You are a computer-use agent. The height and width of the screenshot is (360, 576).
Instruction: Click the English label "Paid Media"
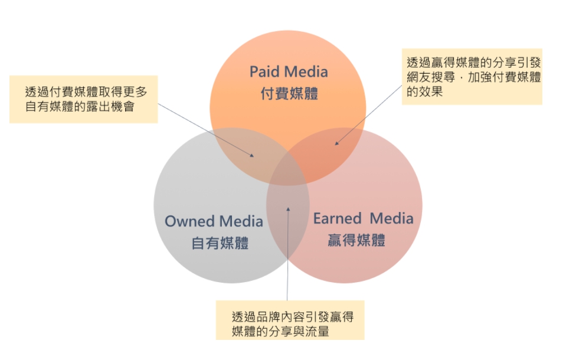[289, 71]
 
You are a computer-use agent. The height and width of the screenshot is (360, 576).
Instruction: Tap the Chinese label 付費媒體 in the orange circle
[289, 93]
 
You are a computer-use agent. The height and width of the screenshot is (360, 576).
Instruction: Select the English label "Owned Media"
[214, 221]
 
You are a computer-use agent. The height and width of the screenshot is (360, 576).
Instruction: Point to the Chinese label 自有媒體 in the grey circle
[220, 243]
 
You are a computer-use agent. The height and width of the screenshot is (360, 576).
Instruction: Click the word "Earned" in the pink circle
[337, 218]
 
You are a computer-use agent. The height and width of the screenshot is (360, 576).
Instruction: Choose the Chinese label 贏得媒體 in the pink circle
[356, 240]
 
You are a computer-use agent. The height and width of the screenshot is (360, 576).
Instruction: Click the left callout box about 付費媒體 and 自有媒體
[83, 99]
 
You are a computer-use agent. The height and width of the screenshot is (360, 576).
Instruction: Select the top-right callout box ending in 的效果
[472, 77]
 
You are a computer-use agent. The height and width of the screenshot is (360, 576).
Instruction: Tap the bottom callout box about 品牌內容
[290, 320]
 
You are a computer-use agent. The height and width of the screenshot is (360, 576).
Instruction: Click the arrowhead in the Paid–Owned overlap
[252, 155]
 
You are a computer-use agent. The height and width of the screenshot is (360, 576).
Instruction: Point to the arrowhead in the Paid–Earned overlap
[336, 143]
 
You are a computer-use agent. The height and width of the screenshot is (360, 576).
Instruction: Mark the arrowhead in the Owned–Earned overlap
[288, 209]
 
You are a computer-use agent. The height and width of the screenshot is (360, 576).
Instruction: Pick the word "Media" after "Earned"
[392, 218]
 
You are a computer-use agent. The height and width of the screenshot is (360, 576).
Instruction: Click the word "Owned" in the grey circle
[189, 221]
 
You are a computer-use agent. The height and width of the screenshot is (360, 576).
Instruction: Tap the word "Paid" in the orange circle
[264, 71]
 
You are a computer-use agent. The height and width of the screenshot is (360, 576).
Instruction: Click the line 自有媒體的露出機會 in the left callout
[80, 107]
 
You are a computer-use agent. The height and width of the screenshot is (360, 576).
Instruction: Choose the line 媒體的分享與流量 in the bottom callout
[280, 331]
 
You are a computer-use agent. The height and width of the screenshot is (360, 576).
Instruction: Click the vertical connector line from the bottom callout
[287, 254]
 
